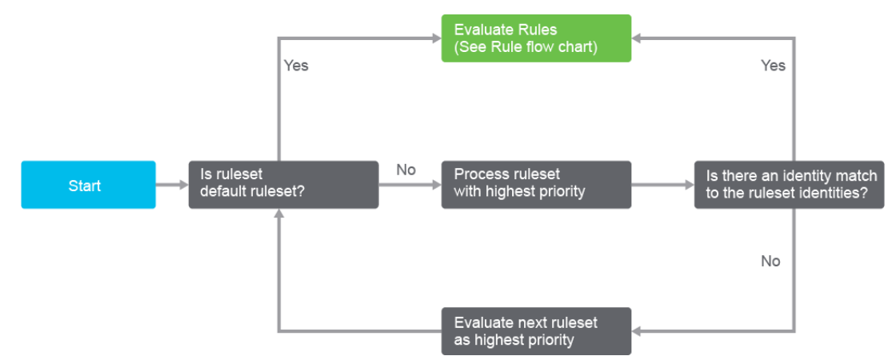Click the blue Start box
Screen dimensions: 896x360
click(89, 185)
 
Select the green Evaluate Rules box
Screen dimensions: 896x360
click(536, 38)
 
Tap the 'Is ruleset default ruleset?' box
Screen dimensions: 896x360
click(283, 185)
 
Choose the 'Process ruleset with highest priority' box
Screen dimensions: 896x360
click(536, 185)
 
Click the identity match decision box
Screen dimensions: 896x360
click(789, 185)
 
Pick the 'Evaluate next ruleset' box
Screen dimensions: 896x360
click(536, 331)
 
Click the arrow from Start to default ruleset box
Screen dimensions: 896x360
click(172, 185)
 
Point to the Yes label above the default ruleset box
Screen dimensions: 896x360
click(296, 66)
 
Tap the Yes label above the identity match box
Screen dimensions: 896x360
click(773, 66)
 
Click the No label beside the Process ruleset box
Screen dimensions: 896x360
click(406, 170)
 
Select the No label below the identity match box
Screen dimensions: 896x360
click(770, 261)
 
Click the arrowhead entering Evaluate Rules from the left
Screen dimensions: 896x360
click(437, 38)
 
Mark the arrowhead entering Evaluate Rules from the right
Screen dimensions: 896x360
click(636, 38)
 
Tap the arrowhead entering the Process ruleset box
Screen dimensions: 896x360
click(437, 185)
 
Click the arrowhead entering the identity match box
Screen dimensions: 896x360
click(690, 185)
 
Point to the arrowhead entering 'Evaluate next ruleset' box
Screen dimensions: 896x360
click(636, 331)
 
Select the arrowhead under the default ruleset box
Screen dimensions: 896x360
click(278, 213)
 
